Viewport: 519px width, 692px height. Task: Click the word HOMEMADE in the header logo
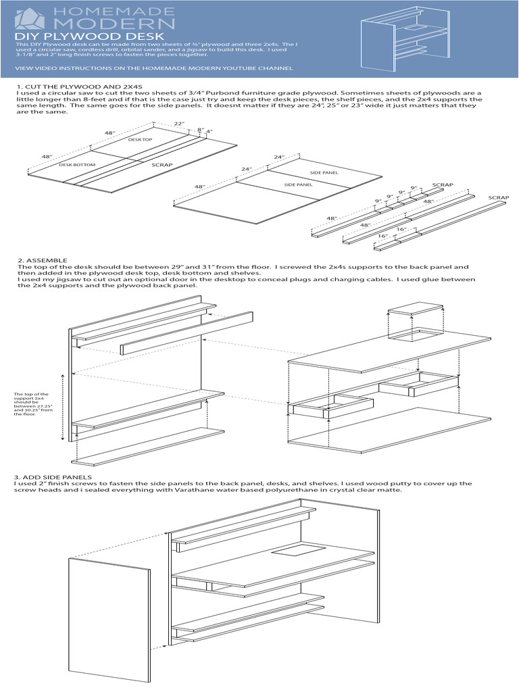116,11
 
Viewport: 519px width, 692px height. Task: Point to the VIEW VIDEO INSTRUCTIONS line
153,68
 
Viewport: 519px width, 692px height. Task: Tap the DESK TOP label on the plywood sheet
140,139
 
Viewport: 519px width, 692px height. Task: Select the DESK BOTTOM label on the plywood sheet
77,164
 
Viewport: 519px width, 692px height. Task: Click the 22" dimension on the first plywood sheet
178,124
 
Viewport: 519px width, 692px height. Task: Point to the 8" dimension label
200,128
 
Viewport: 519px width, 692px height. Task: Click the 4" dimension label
209,131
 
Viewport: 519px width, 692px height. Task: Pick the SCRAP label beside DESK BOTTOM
162,164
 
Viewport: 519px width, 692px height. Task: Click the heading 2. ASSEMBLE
42,259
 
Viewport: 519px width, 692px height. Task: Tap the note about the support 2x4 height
32,403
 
